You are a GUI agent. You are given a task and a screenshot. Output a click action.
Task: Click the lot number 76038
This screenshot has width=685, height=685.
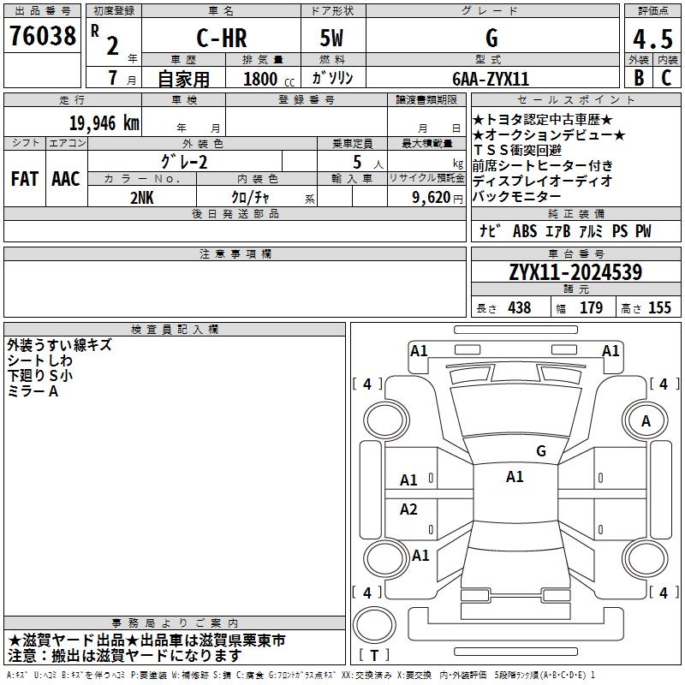43,36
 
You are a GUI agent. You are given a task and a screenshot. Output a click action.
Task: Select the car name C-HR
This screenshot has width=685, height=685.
222,38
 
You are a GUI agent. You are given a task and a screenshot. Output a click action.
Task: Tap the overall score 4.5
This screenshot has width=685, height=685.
652,39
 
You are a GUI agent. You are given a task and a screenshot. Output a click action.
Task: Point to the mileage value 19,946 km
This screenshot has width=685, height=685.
104,123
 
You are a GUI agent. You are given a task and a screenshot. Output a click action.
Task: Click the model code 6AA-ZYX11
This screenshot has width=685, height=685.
491,79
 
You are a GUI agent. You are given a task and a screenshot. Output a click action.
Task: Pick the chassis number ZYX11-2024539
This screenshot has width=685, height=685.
575,272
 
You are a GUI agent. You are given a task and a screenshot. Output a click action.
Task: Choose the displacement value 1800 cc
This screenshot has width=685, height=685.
269,79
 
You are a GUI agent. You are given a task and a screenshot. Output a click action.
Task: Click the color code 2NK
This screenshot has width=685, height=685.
142,198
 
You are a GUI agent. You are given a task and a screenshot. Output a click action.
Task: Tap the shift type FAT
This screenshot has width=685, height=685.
25,179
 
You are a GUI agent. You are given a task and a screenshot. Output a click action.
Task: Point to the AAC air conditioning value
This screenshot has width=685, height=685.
66,179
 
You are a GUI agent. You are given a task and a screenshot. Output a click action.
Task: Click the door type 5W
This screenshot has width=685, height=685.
331,38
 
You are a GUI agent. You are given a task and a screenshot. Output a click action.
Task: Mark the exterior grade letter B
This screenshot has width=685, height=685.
639,78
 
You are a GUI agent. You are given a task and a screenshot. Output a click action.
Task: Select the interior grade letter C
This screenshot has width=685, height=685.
666,78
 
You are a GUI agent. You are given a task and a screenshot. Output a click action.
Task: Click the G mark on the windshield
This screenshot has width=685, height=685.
541,451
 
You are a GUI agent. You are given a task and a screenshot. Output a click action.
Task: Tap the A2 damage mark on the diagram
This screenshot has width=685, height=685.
408,509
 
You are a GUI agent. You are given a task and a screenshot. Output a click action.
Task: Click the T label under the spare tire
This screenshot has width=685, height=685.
374,655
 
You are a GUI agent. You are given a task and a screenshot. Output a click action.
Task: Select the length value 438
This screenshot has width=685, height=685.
520,307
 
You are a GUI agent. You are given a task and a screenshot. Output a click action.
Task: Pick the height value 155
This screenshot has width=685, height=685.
659,307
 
